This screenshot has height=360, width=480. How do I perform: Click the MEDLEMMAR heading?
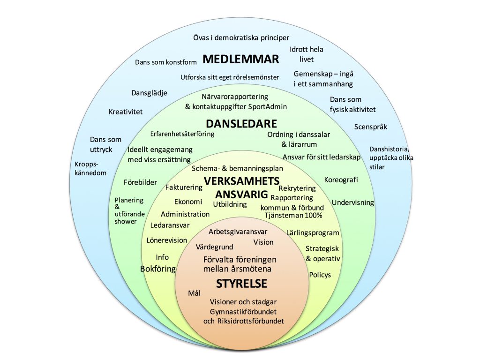pyautogui.click(x=240, y=59)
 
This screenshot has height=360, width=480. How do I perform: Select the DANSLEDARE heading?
pyautogui.click(x=241, y=124)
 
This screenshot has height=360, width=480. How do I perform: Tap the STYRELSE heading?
pyautogui.click(x=241, y=284)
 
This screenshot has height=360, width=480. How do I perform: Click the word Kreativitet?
pyautogui.click(x=126, y=112)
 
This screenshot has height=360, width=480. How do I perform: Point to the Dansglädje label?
pyautogui.click(x=150, y=93)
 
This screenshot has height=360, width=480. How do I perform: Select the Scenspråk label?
pyautogui.click(x=371, y=127)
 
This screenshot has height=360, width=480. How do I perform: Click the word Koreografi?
pyautogui.click(x=341, y=180)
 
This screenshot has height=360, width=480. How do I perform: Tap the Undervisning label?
pyautogui.click(x=353, y=202)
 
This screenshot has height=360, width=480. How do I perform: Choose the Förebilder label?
pyautogui.click(x=140, y=182)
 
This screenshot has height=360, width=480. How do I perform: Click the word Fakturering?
pyautogui.click(x=184, y=187)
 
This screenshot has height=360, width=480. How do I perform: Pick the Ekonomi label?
pyautogui.click(x=188, y=202)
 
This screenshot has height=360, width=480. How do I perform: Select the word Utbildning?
pyautogui.click(x=230, y=204)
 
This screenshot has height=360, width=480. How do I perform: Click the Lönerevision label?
pyautogui.click(x=166, y=240)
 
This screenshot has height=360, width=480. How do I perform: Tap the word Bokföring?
pyautogui.click(x=158, y=269)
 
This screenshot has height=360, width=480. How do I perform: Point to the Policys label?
pyautogui.click(x=320, y=275)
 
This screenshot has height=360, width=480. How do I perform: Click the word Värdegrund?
pyautogui.click(x=214, y=247)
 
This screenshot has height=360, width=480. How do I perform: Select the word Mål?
pyautogui.click(x=195, y=293)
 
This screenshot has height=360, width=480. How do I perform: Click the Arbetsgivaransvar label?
pyautogui.click(x=238, y=232)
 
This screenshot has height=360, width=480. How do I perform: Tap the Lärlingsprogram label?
pyautogui.click(x=313, y=233)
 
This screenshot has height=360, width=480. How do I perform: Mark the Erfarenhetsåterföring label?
pyautogui.click(x=182, y=134)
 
